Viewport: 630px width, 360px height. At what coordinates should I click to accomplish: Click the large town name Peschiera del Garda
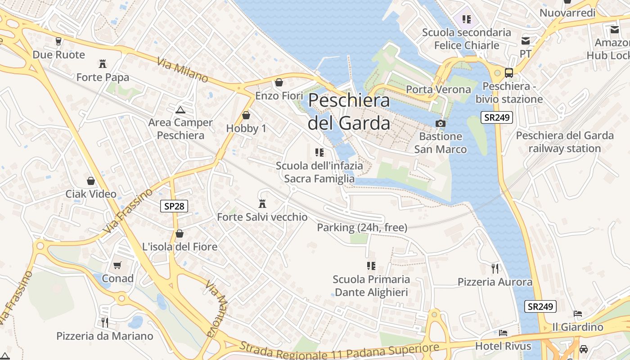tap(349, 111)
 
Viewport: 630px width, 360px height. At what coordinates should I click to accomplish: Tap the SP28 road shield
tap(174, 206)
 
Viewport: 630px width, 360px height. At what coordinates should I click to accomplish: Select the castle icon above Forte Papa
tap(103, 64)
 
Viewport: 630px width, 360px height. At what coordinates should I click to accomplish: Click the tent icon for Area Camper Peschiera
tap(180, 109)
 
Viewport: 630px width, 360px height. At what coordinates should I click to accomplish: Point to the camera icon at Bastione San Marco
tap(440, 123)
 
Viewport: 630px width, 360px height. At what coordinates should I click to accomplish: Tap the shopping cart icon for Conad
tap(117, 265)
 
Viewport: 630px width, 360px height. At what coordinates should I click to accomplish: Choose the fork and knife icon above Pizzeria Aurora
tap(495, 269)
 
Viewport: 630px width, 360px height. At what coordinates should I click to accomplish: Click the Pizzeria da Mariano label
tap(104, 336)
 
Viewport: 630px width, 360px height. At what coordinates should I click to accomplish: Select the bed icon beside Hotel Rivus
tap(503, 333)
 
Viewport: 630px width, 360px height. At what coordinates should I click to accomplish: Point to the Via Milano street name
tap(183, 70)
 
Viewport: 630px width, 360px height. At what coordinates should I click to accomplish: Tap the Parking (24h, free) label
tap(362, 228)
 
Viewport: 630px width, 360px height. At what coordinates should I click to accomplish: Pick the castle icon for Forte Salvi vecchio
tap(262, 204)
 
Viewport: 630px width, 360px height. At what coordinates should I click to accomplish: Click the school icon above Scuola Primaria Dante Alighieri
tap(371, 266)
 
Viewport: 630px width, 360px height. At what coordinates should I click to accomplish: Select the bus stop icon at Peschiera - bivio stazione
tap(509, 73)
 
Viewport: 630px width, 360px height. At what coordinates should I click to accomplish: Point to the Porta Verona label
tap(438, 90)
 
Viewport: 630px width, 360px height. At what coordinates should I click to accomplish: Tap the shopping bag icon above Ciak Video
tap(91, 181)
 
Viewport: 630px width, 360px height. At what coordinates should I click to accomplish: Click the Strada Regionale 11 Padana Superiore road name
tap(339, 351)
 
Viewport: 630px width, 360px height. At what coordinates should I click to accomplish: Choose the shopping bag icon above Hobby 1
tap(246, 115)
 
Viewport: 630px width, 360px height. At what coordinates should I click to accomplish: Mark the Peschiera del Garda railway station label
tap(564, 142)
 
